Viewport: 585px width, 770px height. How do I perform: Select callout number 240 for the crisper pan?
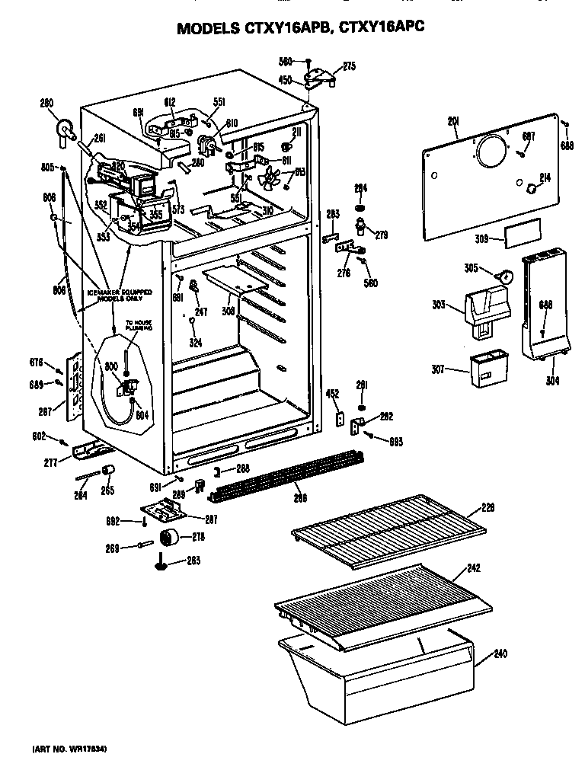point(500,653)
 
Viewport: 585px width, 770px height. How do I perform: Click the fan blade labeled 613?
point(267,185)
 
